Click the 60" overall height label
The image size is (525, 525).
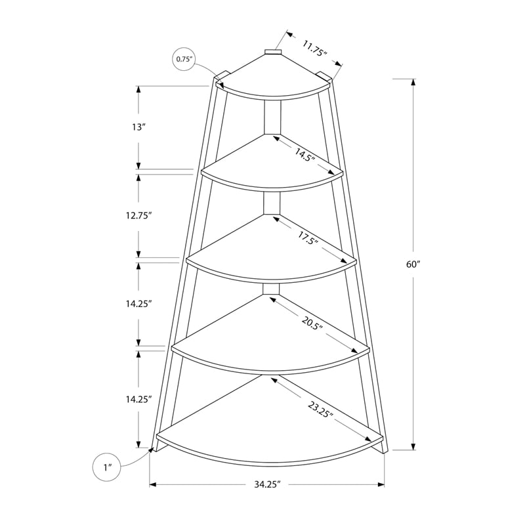(413, 264)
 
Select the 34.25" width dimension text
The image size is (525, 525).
(267, 485)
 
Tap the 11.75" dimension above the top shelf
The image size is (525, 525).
(316, 49)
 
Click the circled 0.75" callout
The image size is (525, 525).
(184, 59)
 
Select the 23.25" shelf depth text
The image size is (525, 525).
(320, 410)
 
